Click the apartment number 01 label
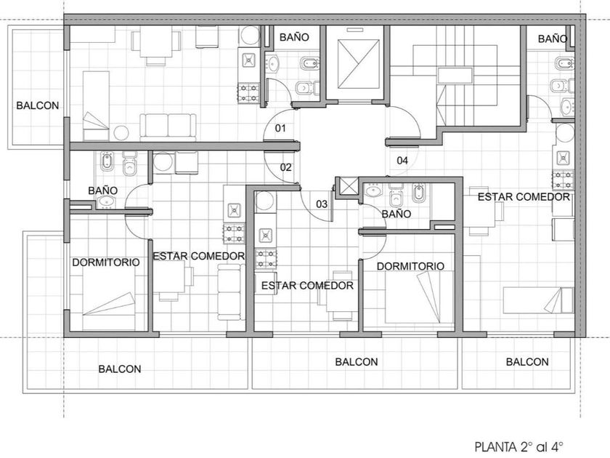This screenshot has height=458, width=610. click(280, 128)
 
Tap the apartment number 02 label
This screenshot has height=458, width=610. click(286, 167)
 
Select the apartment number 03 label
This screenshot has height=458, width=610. click(322, 204)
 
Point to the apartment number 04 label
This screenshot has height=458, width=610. click(402, 160)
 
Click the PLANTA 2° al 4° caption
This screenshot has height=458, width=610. click(519, 446)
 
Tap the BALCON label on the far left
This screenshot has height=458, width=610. click(38, 105)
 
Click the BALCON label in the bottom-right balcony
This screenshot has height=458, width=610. click(527, 362)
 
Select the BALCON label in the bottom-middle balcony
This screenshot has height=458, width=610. click(357, 362)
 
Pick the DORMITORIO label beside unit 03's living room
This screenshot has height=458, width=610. click(410, 266)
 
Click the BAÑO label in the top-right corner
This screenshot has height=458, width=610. click(553, 39)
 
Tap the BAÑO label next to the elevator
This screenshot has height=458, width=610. click(294, 37)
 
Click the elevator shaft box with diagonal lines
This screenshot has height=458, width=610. click(358, 64)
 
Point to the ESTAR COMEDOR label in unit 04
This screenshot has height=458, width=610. click(524, 197)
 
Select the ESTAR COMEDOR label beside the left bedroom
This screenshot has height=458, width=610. click(199, 256)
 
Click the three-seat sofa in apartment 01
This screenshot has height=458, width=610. click(168, 127)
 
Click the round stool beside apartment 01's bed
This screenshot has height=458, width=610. click(121, 133)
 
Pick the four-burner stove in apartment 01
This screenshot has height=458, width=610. click(248, 93)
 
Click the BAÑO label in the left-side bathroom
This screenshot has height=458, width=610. click(102, 190)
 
